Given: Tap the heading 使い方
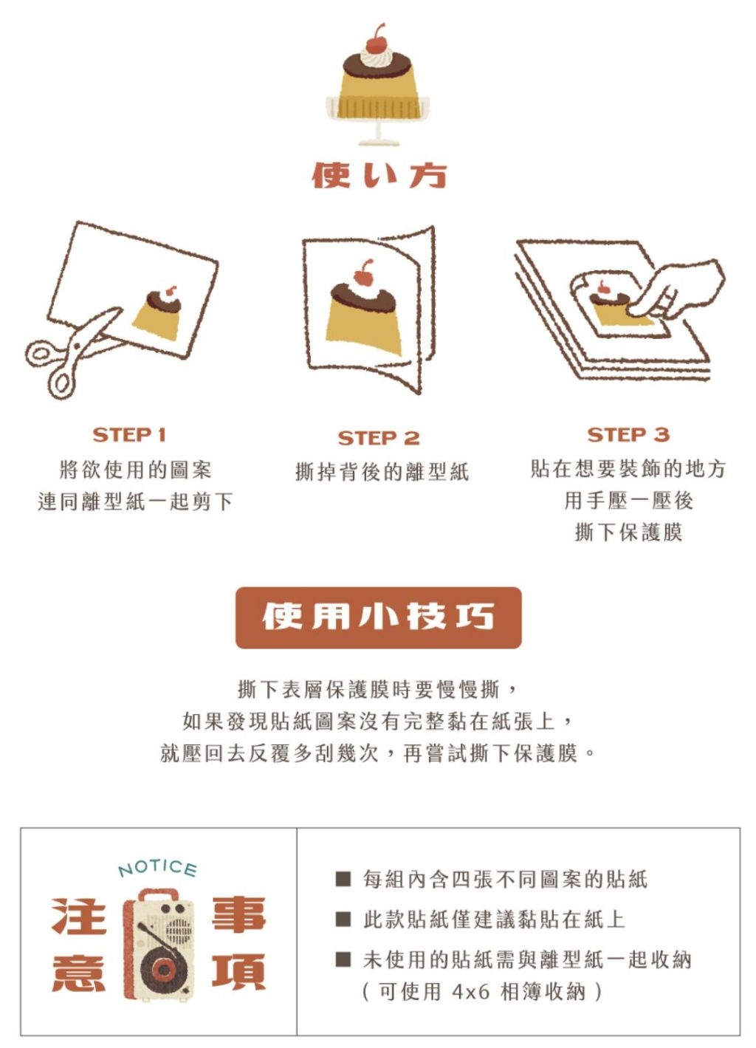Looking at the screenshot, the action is click(379, 176).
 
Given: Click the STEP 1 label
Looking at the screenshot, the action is click(129, 435).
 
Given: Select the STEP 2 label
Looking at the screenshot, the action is click(379, 439).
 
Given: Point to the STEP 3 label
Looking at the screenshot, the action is click(628, 435).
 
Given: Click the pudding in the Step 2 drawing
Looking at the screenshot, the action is click(365, 313).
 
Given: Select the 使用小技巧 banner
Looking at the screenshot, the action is click(378, 617).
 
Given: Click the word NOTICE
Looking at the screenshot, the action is click(157, 869).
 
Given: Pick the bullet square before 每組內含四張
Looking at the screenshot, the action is click(343, 879).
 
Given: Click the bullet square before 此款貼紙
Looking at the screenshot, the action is click(343, 919).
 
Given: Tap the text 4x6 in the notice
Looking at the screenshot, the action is click(470, 991).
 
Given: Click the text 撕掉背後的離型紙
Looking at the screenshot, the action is click(382, 471).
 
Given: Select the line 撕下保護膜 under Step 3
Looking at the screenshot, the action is click(628, 532).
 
